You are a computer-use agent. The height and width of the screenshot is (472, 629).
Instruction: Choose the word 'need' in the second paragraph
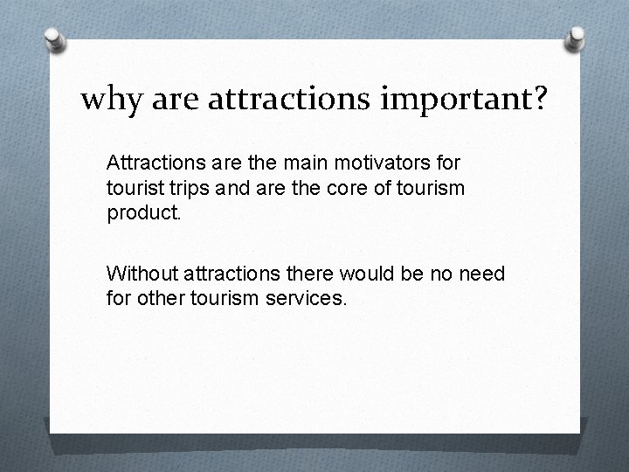pos(481,274)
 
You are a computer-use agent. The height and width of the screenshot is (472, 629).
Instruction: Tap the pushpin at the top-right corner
pos(576,38)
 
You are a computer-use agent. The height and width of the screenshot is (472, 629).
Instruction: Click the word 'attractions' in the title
pos(267,100)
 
